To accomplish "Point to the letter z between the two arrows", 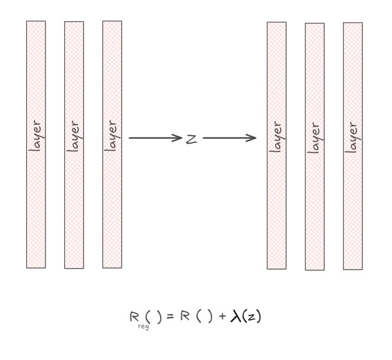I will pos(191,139).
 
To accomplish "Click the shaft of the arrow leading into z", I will pos(152,138).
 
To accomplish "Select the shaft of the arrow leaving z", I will pos(226,138).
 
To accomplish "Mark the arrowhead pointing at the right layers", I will pos(253,138).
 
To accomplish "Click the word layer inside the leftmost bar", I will pos(36,136).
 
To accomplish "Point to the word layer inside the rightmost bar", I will pos(353,137).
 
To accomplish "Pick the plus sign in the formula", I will pos(223,316).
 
